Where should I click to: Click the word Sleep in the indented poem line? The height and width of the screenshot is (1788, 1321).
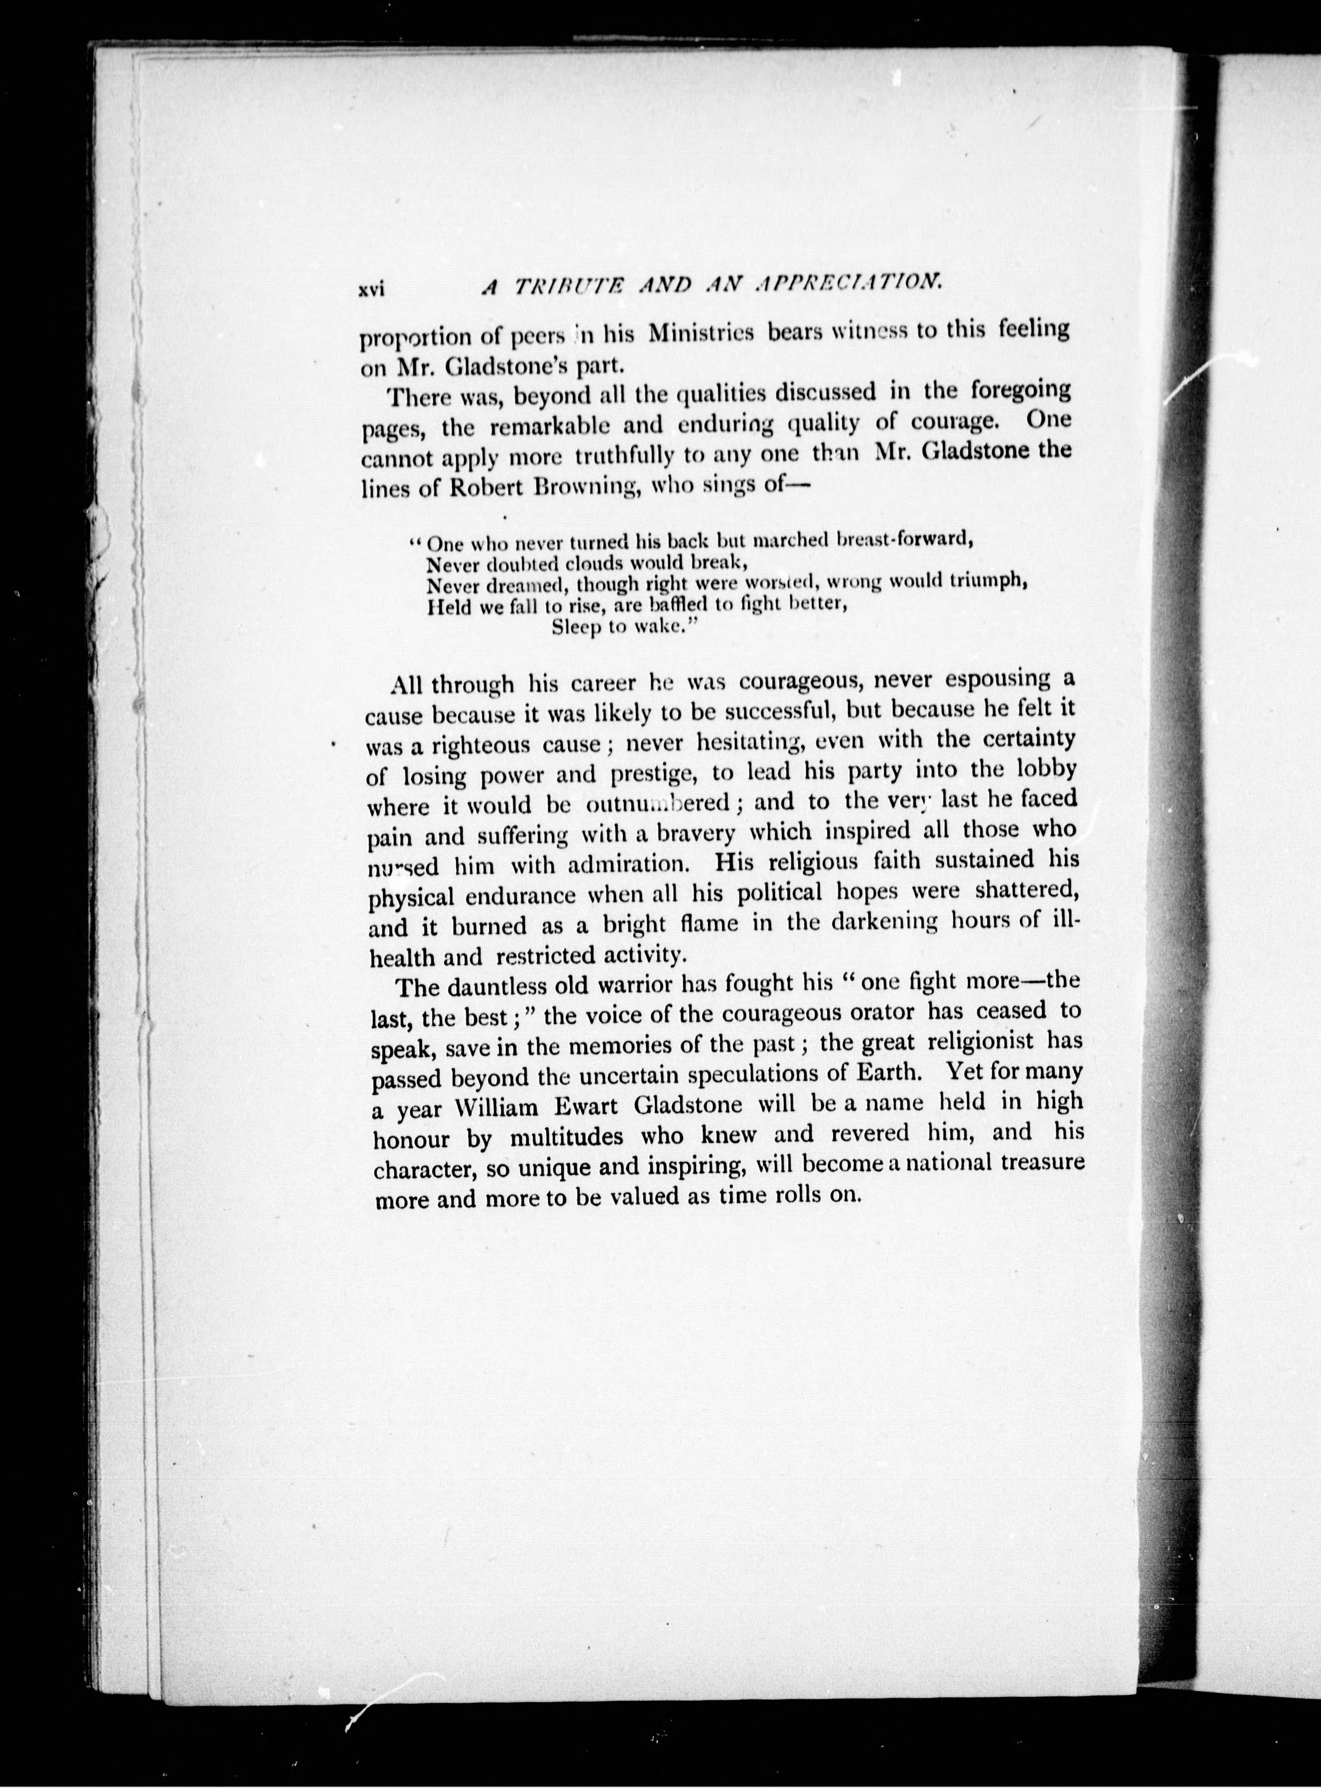point(576,627)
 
